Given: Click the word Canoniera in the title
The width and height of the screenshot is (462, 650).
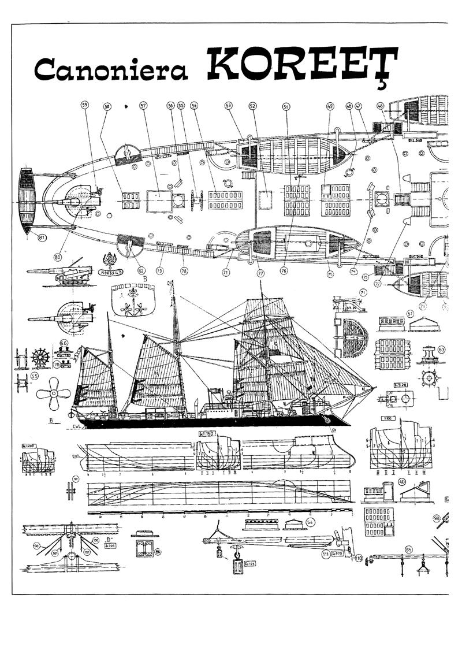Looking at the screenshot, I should click(111, 70).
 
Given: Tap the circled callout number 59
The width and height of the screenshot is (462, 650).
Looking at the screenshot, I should click(85, 106).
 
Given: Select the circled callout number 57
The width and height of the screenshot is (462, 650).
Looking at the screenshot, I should click(143, 106).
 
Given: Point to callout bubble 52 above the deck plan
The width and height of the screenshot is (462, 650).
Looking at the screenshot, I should click(253, 106).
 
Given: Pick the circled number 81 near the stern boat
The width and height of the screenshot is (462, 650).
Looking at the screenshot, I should click(42, 237).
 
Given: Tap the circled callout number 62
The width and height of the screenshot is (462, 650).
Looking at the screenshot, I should click(141, 269).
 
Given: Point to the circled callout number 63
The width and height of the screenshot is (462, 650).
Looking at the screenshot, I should click(442, 350).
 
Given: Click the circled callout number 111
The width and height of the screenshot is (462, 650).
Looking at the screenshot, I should click(326, 554).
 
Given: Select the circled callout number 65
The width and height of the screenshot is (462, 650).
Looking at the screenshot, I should click(409, 549).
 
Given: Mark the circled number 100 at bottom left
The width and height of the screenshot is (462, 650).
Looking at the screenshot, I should click(36, 545).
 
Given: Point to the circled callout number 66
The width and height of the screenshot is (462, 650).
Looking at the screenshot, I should click(65, 343).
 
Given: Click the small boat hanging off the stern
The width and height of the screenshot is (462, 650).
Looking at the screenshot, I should click(26, 201).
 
